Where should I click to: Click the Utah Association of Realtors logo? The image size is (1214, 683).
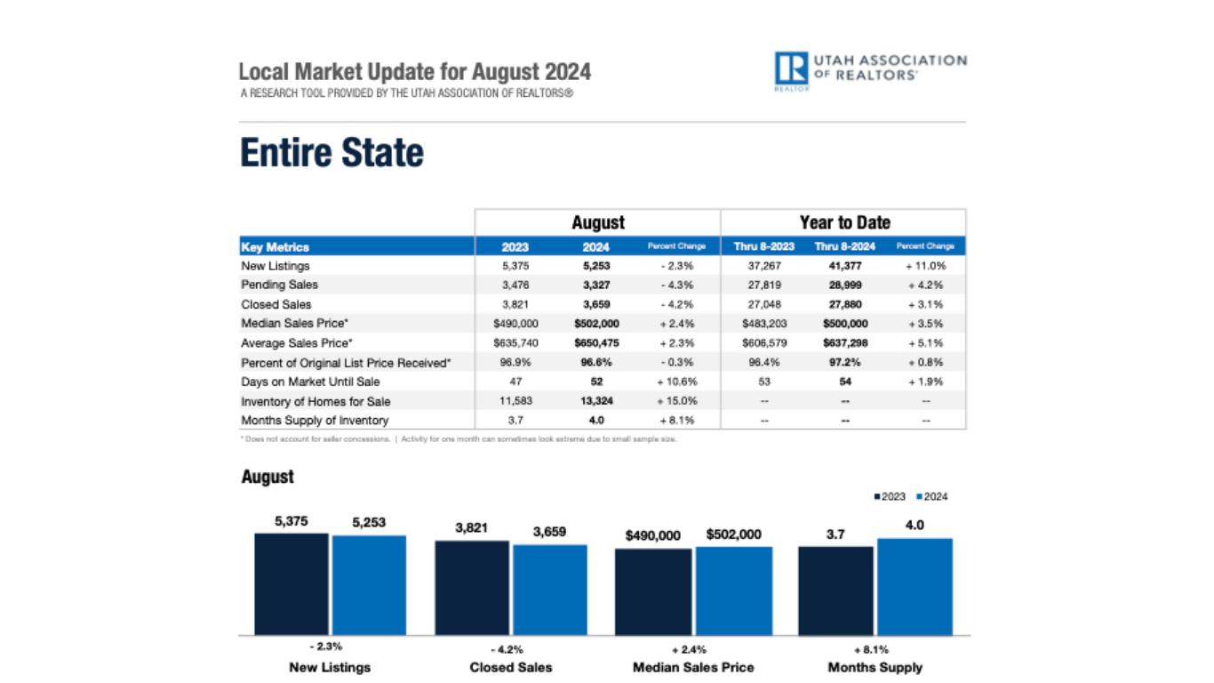coord(870,71)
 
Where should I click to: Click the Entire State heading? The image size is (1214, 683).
coord(331,153)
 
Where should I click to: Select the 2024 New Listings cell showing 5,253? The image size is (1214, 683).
coord(597,266)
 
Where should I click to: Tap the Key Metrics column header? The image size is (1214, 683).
coord(276,246)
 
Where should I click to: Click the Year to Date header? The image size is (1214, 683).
coord(843,222)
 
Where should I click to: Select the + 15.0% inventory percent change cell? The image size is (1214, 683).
coord(677,401)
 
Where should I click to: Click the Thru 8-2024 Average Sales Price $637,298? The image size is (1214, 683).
coord(840,343)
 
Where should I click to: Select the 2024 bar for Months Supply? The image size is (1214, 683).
coord(914,586)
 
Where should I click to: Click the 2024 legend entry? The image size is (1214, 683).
coord(930,496)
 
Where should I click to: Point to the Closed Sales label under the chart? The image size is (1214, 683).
coord(511,667)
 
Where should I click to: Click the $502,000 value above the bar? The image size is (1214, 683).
coord(734,534)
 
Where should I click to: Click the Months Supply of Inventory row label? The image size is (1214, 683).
coord(315,420)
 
